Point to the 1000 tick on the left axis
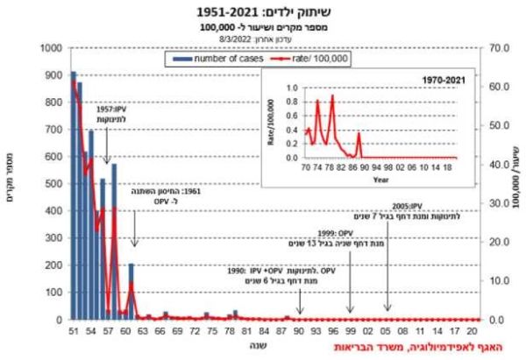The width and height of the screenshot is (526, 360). tap(51, 49)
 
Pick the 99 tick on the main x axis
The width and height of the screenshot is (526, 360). tap(350, 333)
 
